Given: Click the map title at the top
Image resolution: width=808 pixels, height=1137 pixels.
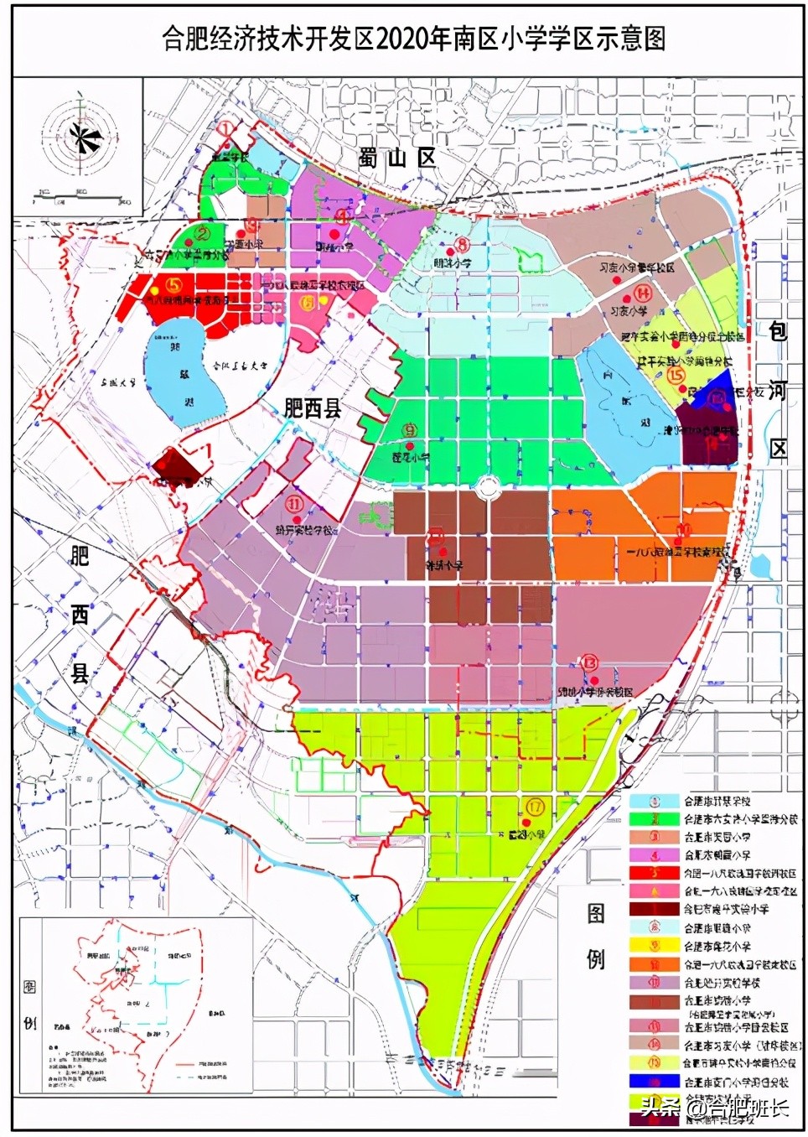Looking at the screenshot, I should pos(413,39).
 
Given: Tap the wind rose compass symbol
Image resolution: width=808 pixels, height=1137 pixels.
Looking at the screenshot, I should pos(82,136).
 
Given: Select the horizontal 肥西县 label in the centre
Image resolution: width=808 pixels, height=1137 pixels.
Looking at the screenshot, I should pos(312,408).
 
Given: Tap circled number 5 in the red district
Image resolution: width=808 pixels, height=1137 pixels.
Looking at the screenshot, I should pos(174,286).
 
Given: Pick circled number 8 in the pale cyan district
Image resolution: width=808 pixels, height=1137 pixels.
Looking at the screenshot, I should pos(461,246).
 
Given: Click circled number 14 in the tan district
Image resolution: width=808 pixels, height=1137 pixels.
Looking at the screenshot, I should pos(642,293).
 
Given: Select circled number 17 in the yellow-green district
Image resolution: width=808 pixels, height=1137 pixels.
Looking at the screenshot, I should pos(536,807).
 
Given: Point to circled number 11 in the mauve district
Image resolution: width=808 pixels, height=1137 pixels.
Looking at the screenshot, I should pos(294,504).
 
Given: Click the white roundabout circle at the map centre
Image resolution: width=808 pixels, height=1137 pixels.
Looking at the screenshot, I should pos(487,486).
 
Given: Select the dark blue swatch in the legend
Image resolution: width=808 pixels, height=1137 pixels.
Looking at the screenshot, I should pos(655,1082).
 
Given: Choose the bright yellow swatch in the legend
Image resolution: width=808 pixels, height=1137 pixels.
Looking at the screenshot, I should pos(655,946).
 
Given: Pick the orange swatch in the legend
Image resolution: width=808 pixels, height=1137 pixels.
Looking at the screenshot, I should pos(655,964).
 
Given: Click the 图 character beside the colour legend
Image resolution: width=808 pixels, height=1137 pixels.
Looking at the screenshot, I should pos(595,913).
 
